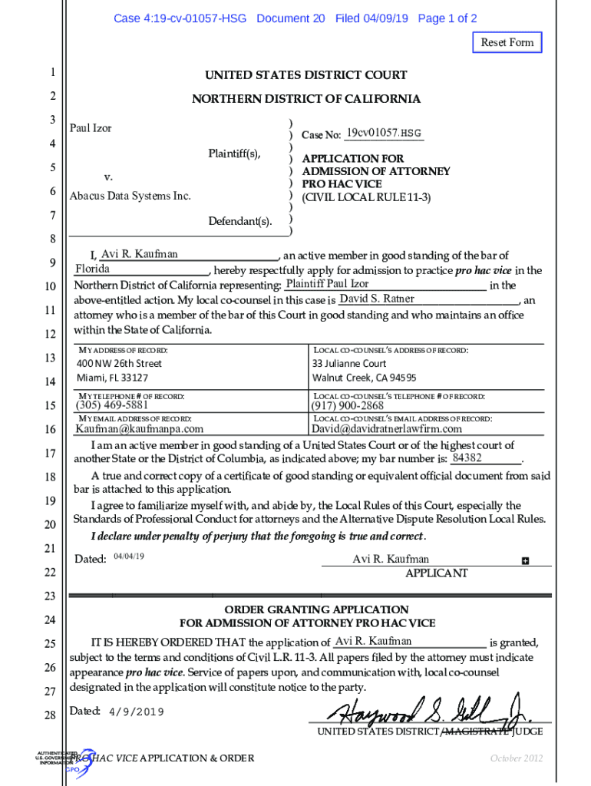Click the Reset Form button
507,42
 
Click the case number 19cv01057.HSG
384,134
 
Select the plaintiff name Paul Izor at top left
91,128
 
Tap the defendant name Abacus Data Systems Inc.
130,196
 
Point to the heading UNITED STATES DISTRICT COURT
305,75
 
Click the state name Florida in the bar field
93,269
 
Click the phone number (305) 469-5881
112,405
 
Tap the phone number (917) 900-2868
348,405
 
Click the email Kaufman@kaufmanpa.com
140,429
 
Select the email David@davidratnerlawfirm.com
387,429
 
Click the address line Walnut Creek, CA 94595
364,378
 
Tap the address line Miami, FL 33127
113,378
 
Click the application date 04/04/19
129,556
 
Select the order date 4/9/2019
137,712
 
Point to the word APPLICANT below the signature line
436,573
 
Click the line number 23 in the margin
50,596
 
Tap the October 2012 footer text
517,758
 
